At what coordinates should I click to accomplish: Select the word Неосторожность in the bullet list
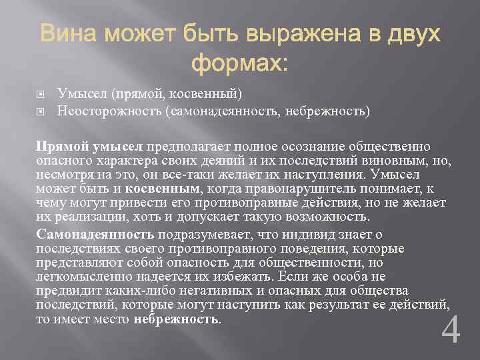click(107, 109)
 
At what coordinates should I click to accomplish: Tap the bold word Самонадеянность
click(95, 234)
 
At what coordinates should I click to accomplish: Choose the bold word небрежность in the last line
click(175, 319)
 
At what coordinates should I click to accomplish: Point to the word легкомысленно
click(82, 277)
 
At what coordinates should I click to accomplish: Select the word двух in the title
click(413, 33)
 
